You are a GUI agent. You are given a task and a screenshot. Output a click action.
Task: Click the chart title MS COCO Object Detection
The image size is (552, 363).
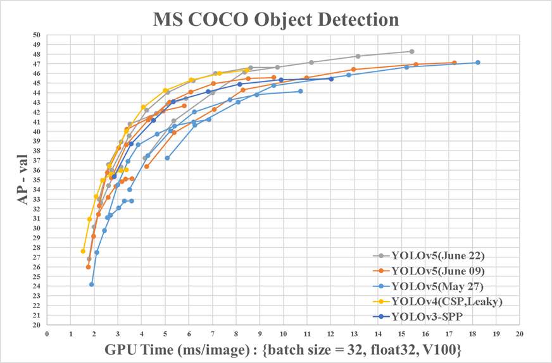tap(276, 19)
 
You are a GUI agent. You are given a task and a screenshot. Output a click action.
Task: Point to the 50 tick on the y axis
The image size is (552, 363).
tap(35, 35)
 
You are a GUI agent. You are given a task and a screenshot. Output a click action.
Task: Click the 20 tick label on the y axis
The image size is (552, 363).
tap(35, 325)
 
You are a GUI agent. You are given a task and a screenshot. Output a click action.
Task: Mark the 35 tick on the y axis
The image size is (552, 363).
tap(35, 180)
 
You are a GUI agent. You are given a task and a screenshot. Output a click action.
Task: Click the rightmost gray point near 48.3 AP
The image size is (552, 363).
tap(411, 51)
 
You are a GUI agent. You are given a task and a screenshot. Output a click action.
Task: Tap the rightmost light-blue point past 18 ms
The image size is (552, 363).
tap(477, 63)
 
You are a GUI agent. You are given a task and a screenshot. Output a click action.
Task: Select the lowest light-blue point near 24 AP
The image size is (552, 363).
tap(92, 285)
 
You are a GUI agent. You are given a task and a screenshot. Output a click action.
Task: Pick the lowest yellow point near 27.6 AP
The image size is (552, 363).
tap(83, 251)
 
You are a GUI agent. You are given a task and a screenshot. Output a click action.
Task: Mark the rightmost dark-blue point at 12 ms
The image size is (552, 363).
tap(331, 79)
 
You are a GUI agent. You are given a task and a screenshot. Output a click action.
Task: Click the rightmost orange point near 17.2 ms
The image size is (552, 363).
tap(454, 63)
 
